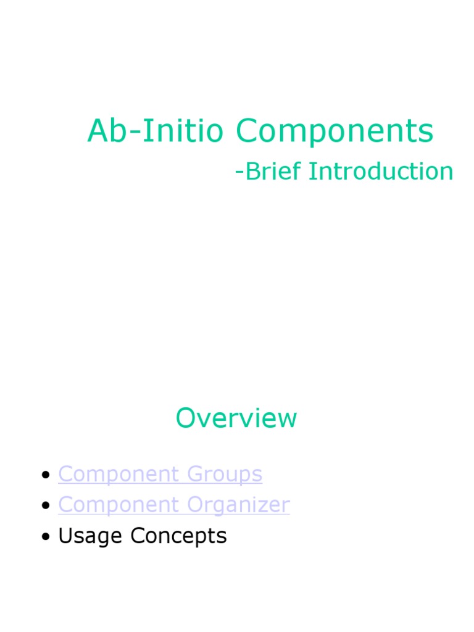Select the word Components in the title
pyautogui.click(x=335, y=131)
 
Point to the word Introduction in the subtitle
pyautogui.click(x=381, y=171)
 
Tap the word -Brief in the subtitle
pyautogui.click(x=268, y=171)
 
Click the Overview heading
pyautogui.click(x=236, y=418)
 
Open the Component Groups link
pyautogui.click(x=160, y=474)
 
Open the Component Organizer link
pyautogui.click(x=173, y=505)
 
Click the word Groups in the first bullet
pyautogui.click(x=225, y=475)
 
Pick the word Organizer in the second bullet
pyautogui.click(x=239, y=505)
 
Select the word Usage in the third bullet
pyautogui.click(x=91, y=536)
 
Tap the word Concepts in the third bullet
pyautogui.click(x=178, y=536)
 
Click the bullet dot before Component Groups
pyautogui.click(x=45, y=475)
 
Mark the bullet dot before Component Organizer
pyautogui.click(x=45, y=506)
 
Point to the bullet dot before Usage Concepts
pyautogui.click(x=45, y=537)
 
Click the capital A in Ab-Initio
pyautogui.click(x=98, y=131)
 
